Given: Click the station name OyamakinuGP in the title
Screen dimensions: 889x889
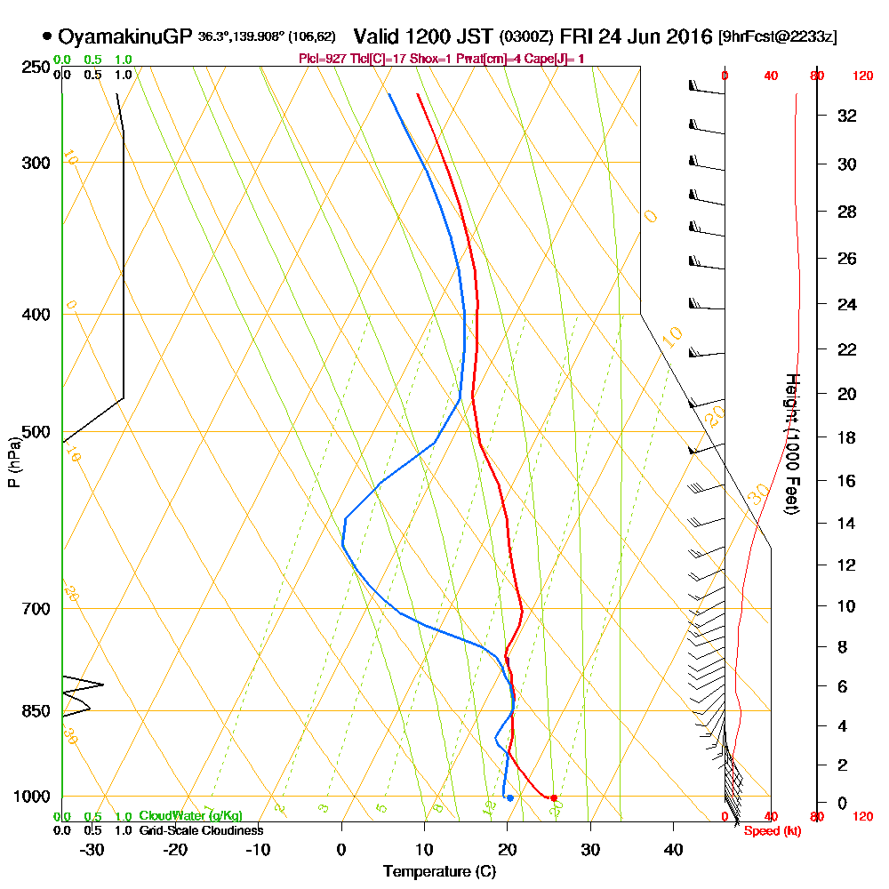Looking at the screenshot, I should (125, 37).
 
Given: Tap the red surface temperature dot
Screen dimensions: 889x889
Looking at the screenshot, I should (554, 798).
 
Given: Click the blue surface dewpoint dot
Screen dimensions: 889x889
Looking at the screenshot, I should (509, 798).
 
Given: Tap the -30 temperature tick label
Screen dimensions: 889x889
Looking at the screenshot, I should (92, 850).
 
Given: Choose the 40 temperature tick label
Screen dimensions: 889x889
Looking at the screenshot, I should (673, 850).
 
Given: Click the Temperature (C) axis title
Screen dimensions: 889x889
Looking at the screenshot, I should (439, 872).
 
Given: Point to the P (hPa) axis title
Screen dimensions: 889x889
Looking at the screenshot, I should (13, 462).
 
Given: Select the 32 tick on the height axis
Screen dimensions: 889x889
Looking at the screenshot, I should (848, 116).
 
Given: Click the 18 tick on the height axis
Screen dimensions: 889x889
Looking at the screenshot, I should (848, 437).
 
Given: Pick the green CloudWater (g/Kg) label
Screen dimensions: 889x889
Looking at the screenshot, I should (190, 816).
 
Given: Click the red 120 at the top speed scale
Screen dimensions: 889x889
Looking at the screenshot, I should (861, 76).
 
